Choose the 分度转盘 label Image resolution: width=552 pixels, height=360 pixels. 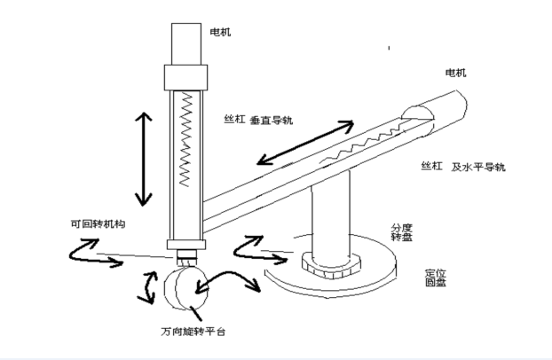[x=400, y=232]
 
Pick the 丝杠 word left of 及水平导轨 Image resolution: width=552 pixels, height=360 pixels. [x=432, y=166]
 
